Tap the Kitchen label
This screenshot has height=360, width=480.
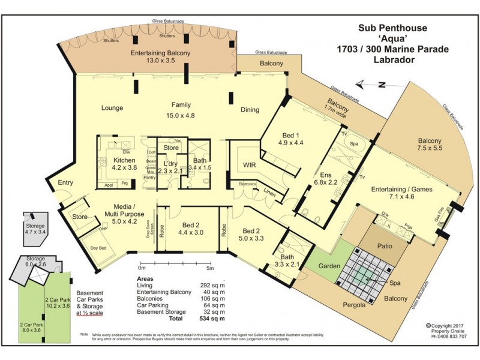[x=124, y=161]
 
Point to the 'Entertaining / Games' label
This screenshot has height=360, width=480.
[x=401, y=190]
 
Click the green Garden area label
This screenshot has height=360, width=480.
[x=329, y=265]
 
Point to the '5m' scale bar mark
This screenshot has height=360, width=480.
[x=210, y=268]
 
